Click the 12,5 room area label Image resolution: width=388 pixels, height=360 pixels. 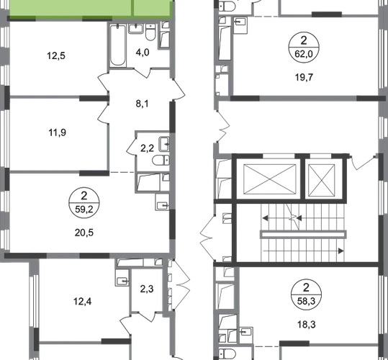tap(56, 55)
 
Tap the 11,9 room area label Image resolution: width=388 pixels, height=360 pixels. tap(57, 132)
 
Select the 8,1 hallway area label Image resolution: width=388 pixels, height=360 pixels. tap(143, 104)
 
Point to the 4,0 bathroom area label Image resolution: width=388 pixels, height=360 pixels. tap(143, 53)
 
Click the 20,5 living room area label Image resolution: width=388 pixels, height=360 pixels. tap(84, 233)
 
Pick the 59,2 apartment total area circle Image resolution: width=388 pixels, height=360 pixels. tap(84, 202)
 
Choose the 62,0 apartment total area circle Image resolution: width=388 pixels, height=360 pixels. tap(304, 47)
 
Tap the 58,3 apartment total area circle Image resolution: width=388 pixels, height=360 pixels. tap(307, 294)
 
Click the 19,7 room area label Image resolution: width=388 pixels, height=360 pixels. tap(304, 78)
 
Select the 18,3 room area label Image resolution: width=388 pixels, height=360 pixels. tap(307, 325)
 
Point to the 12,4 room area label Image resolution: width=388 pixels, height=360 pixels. tap(82, 302)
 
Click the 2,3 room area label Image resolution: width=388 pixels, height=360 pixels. tap(147, 289)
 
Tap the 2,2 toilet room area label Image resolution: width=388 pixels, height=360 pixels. tap(148, 148)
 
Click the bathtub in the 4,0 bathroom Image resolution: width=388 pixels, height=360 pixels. tap(118, 45)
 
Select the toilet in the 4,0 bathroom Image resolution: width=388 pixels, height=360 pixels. tap(150, 32)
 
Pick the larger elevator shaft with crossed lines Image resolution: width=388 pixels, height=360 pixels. tap(270, 179)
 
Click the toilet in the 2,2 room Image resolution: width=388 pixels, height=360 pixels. tap(161, 160)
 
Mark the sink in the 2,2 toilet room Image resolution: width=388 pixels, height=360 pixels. tap(164, 144)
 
